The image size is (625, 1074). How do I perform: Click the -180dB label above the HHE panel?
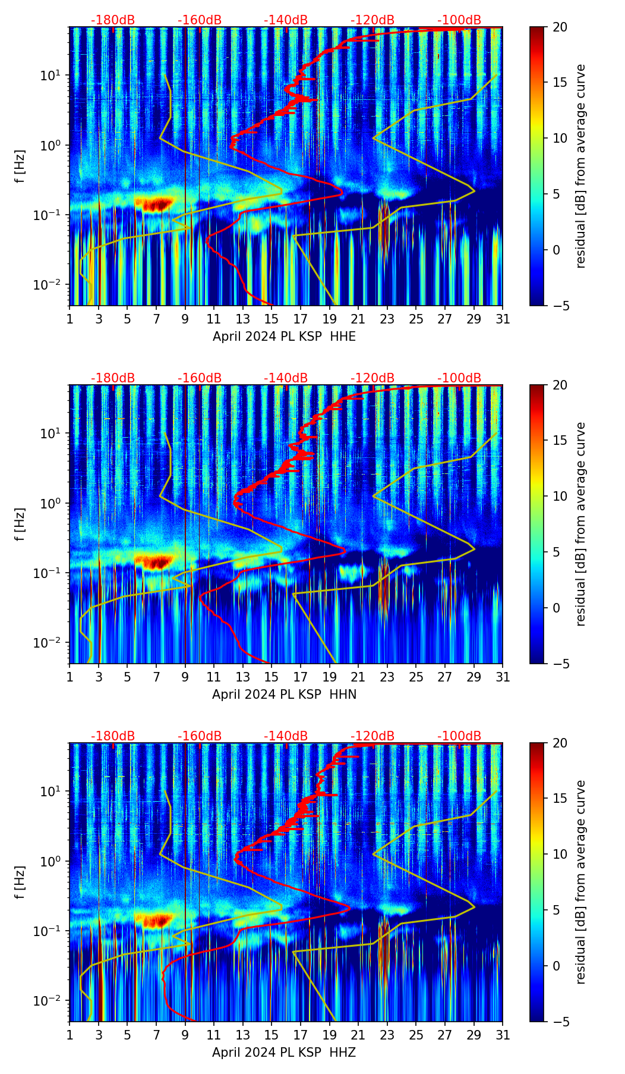click(113, 20)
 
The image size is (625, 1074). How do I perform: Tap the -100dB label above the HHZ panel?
click(459, 736)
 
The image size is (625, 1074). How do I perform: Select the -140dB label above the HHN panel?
click(286, 378)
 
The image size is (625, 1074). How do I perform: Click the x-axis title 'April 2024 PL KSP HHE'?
click(284, 337)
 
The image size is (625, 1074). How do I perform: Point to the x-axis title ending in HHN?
click(284, 695)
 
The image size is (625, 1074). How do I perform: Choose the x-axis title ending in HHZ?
click(284, 1053)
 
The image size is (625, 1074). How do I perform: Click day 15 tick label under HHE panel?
click(271, 319)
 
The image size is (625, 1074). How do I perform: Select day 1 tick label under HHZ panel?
click(70, 1035)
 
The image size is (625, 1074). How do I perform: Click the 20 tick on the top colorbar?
click(560, 27)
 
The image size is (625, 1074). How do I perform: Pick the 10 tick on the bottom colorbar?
click(560, 854)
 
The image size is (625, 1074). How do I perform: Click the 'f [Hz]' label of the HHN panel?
click(20, 524)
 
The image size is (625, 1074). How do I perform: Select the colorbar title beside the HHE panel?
click(581, 166)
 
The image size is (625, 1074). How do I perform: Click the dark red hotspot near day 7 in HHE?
click(154, 204)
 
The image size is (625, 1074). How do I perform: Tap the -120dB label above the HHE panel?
click(373, 20)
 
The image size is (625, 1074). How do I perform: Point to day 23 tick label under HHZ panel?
click(387, 1035)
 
